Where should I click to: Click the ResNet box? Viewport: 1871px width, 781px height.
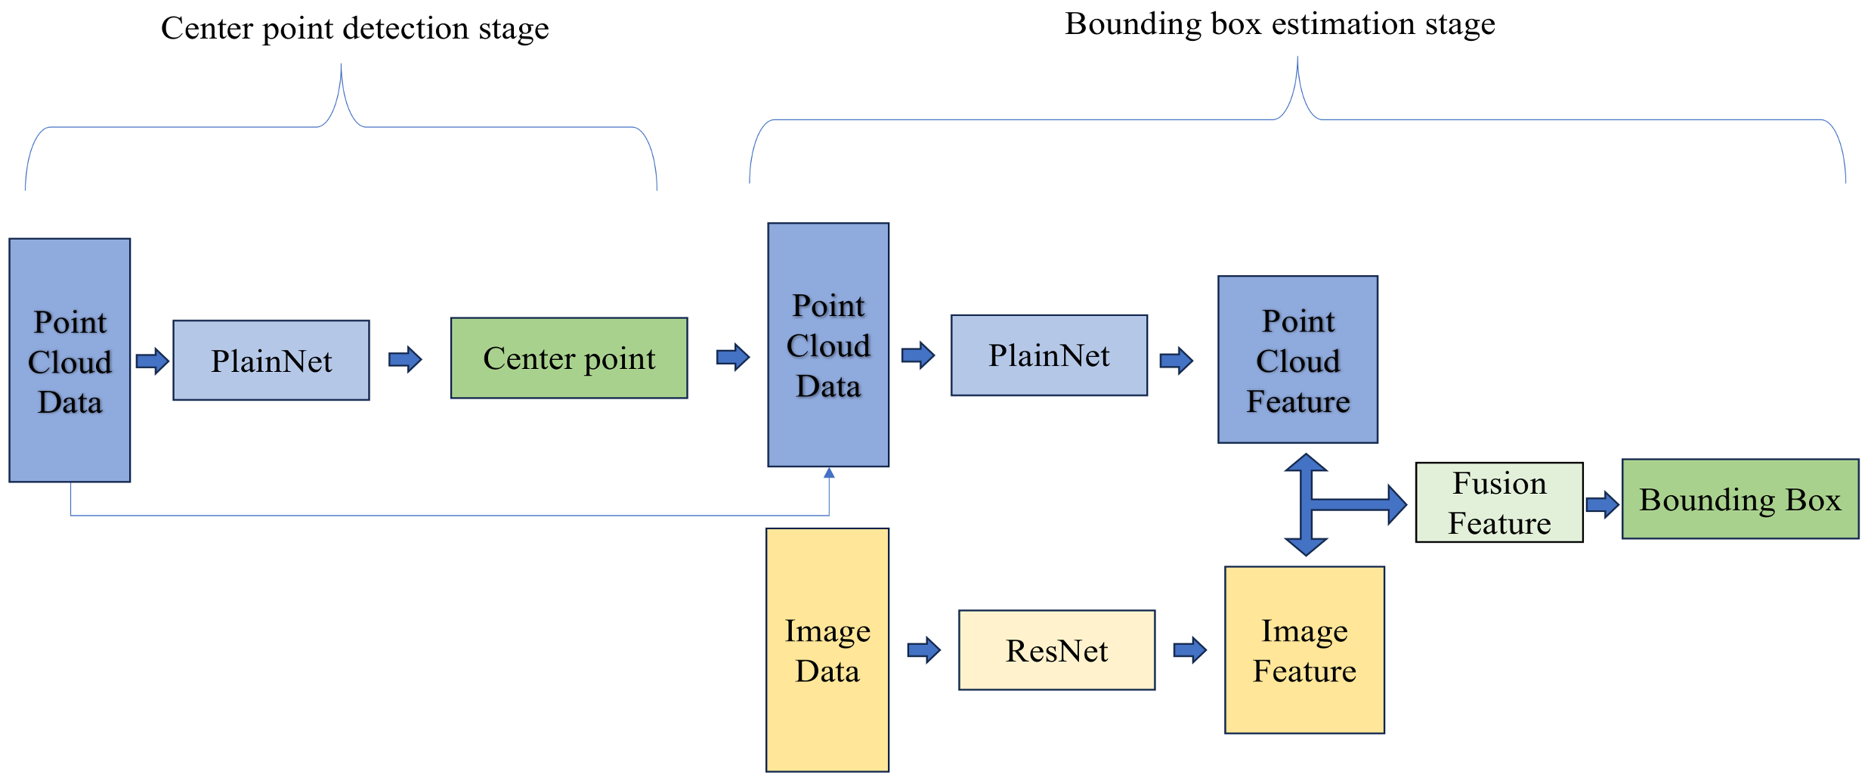click(1056, 650)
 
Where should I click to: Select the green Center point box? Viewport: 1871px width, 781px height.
click(569, 358)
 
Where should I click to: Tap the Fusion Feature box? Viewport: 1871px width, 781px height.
click(1498, 503)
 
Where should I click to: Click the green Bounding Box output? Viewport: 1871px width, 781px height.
click(1740, 499)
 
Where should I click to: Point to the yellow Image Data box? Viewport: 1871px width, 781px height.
click(827, 650)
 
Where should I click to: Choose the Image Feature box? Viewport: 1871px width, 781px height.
click(1304, 650)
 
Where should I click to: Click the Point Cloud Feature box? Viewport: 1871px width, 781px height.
click(1297, 360)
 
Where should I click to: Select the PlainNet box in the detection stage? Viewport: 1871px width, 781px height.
click(271, 361)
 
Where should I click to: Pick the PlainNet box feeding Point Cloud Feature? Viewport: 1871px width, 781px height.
click(1049, 355)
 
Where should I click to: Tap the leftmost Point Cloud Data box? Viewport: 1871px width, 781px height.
click(70, 361)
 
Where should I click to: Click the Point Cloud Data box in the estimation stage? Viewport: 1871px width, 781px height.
click(828, 345)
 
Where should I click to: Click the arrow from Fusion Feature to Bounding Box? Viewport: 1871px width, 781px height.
click(1602, 504)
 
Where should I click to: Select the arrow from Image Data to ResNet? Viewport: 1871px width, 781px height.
click(923, 649)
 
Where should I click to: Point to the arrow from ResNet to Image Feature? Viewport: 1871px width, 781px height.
click(1189, 649)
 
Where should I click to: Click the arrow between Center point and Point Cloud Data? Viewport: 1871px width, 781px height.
click(732, 356)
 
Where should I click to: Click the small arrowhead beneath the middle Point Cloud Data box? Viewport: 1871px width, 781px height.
click(829, 473)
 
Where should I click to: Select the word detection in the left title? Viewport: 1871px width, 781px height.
click(406, 29)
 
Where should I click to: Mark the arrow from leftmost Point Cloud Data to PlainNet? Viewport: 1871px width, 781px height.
click(152, 361)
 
